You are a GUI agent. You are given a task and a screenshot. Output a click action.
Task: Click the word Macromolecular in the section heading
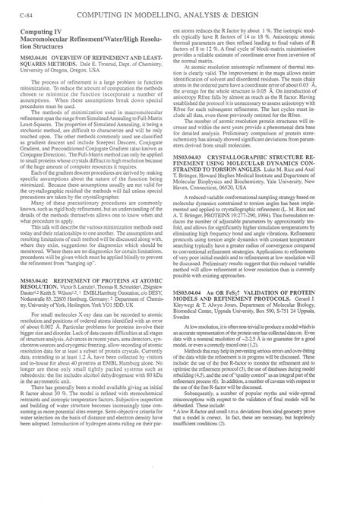click(46, 46)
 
